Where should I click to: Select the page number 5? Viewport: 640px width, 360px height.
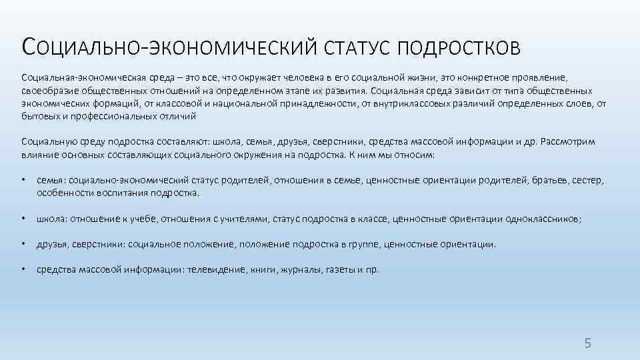tap(587, 343)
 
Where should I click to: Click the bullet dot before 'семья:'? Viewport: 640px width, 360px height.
tap(23, 180)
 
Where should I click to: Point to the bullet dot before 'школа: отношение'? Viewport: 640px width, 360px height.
tap(23, 218)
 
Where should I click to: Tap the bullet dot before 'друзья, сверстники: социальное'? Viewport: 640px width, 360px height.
tap(23, 244)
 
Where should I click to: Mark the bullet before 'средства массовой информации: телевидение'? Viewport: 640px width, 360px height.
tap(23, 270)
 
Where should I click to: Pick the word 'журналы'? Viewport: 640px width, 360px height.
tap(292, 270)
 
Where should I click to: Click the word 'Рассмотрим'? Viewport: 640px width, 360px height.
tap(569, 141)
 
